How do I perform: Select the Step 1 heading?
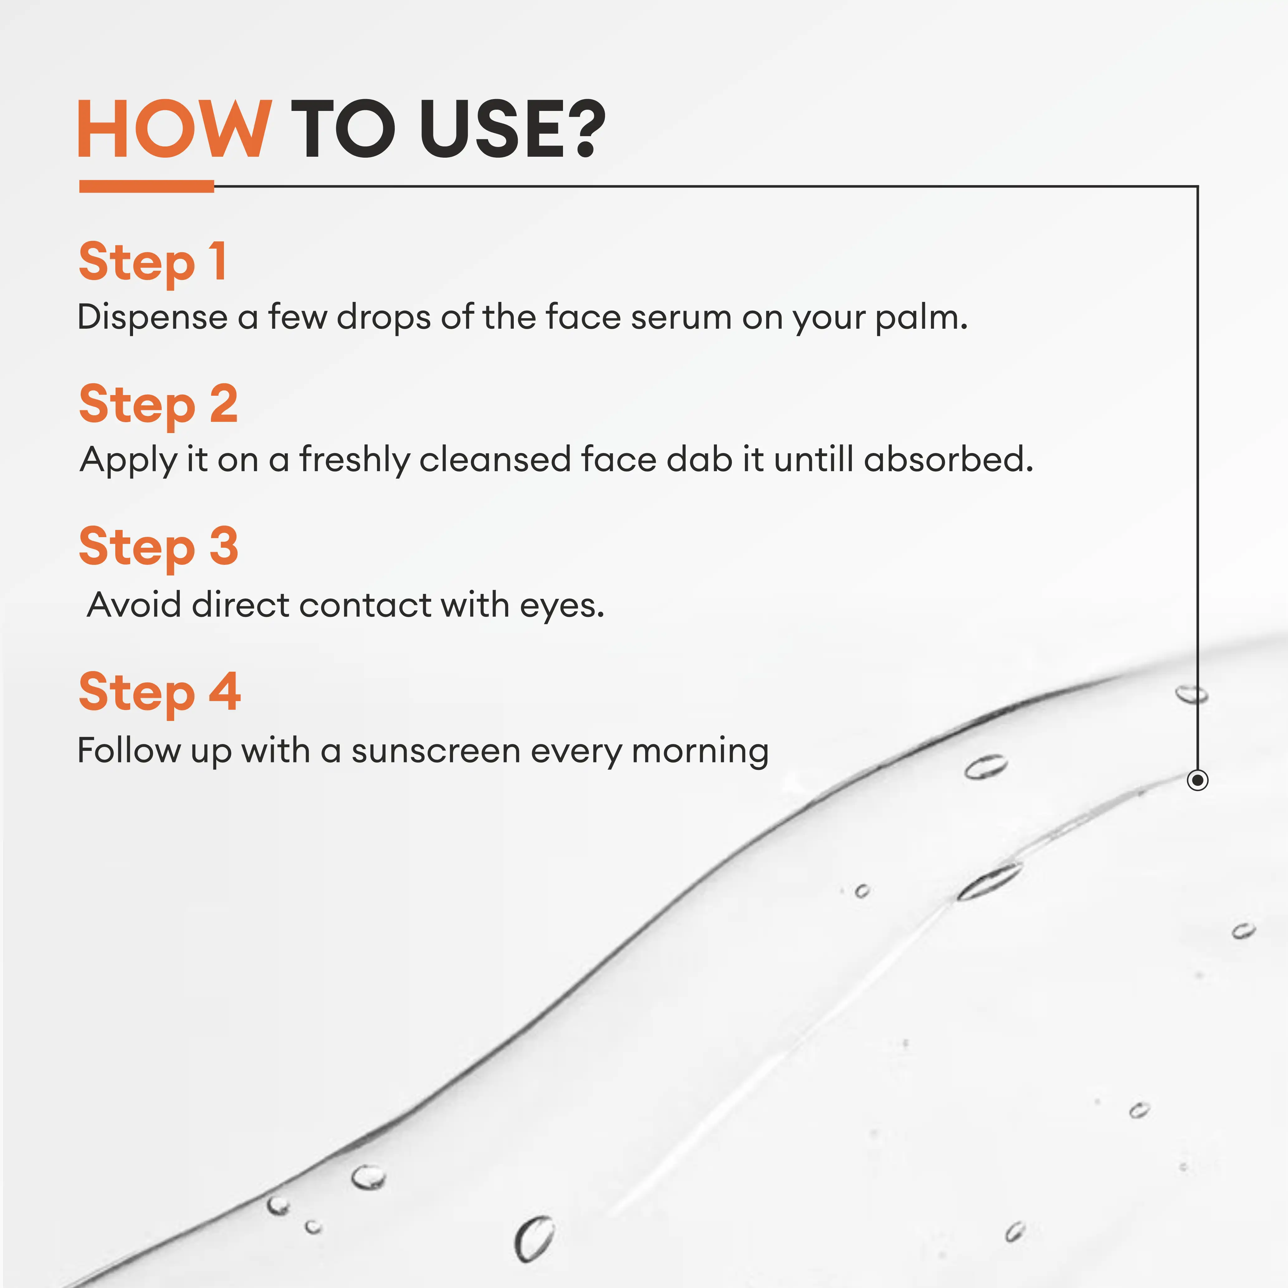click(153, 262)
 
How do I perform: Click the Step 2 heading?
click(158, 405)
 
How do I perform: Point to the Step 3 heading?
click(158, 547)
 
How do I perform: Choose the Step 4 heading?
click(159, 693)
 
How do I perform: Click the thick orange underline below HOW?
click(147, 187)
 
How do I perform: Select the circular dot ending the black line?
click(1198, 780)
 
